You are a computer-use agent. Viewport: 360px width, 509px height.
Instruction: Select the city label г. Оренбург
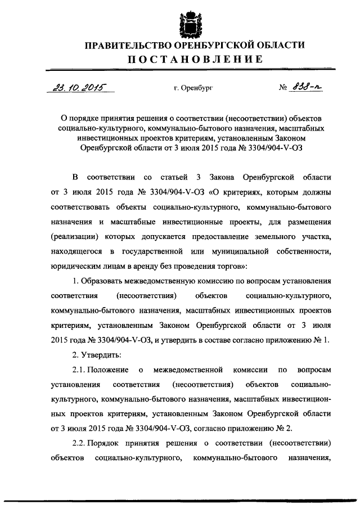pos(193,88)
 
